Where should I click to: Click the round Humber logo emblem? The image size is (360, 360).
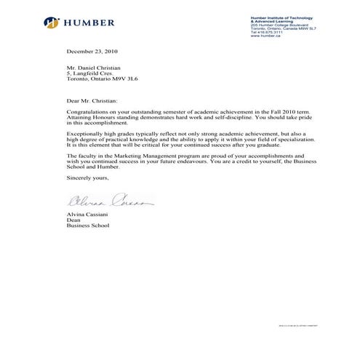(52, 23)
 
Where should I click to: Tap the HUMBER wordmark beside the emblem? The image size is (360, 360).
(89, 23)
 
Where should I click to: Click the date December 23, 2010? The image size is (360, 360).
(92, 52)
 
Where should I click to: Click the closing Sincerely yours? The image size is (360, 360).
(87, 177)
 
